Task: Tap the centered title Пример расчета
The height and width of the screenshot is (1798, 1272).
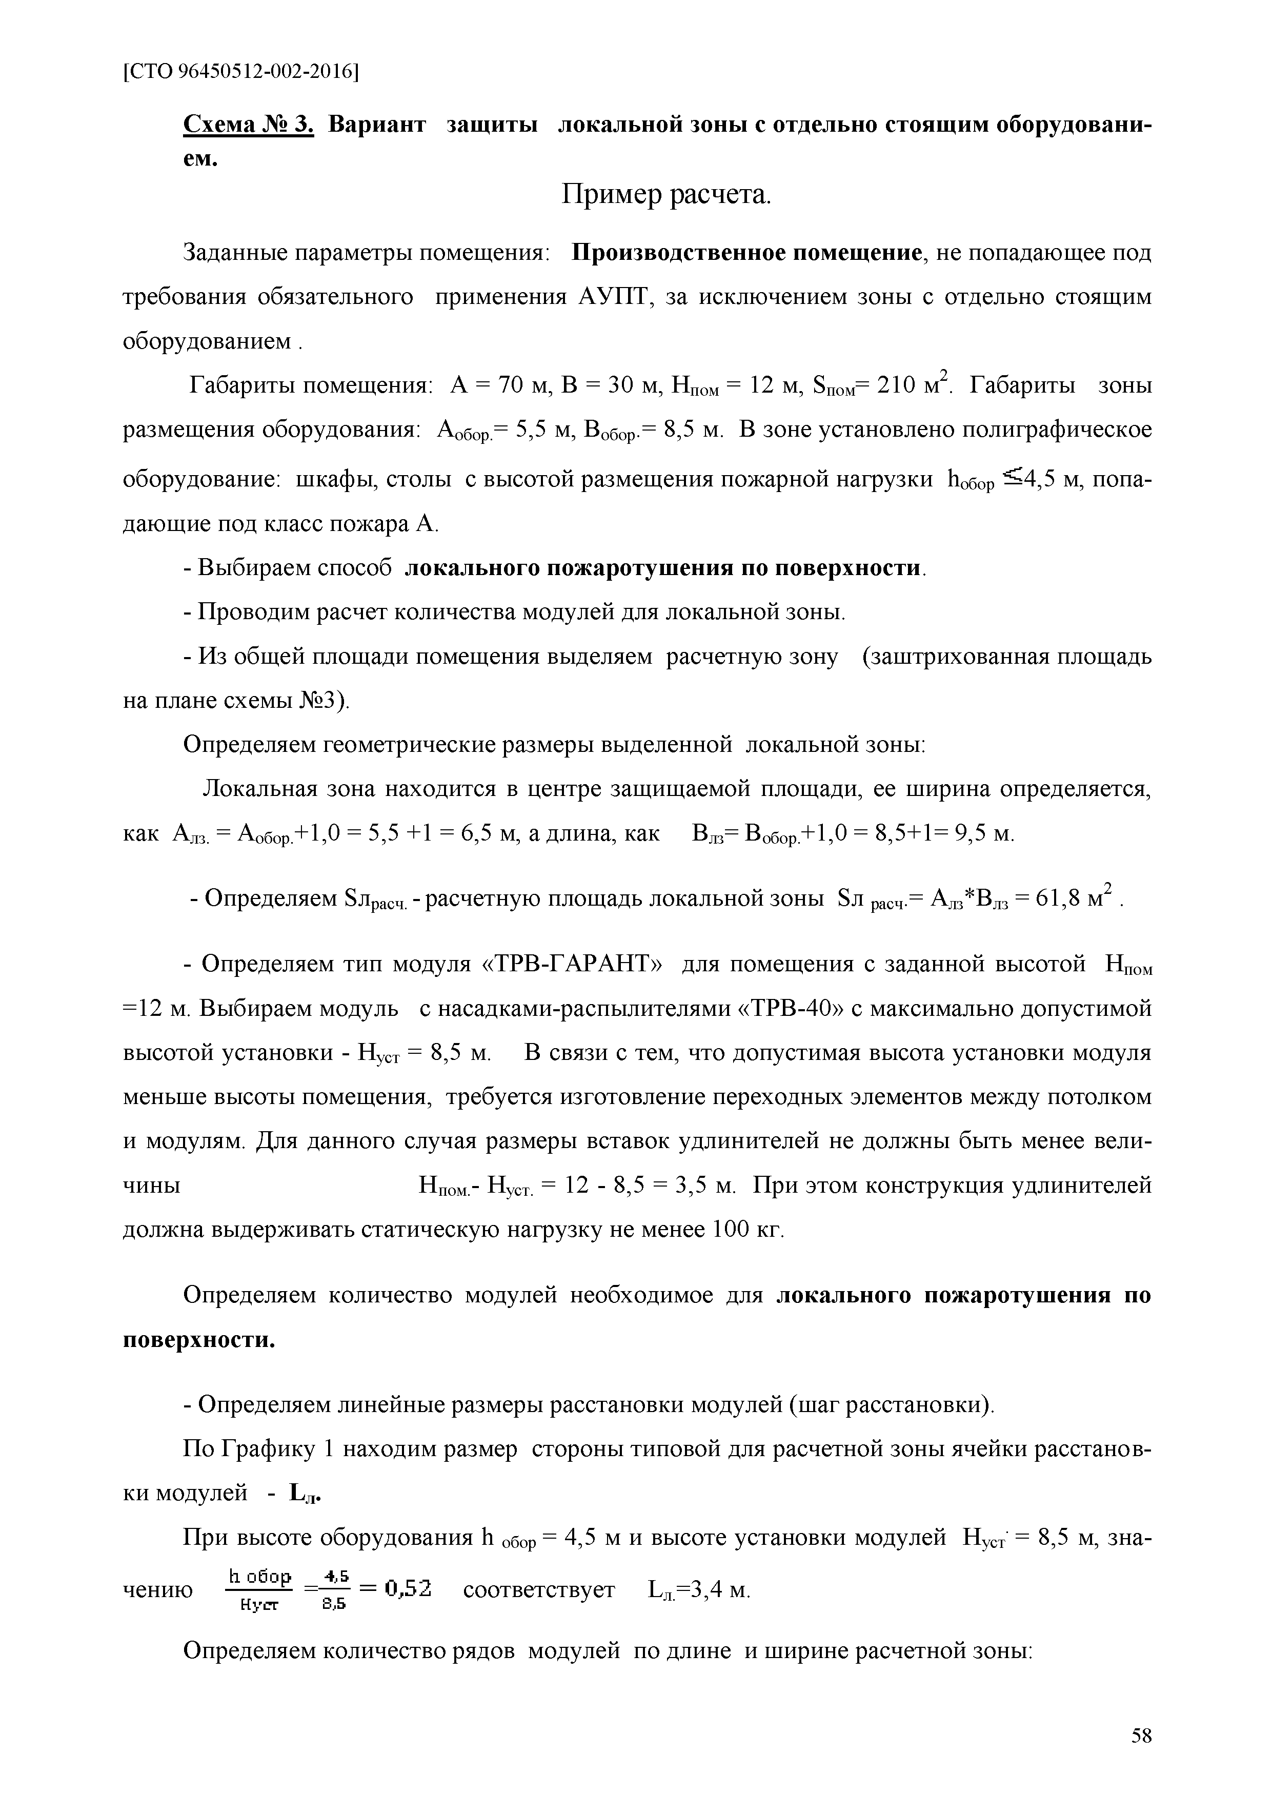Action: [667, 194]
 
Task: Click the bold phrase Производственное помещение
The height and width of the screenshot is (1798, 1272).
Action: [745, 253]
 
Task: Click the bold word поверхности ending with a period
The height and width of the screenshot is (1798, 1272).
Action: [200, 1340]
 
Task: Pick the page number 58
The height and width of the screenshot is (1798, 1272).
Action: [1141, 1752]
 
